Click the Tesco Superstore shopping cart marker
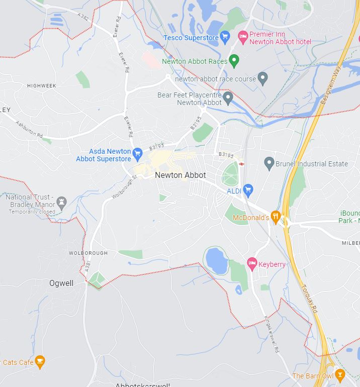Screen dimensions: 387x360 (225, 37)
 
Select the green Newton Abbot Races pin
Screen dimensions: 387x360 (233, 61)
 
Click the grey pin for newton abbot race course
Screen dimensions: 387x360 (262, 78)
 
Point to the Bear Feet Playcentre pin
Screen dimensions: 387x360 (228, 98)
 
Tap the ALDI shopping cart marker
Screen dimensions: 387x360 (247, 190)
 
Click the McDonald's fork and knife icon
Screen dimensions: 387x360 (276, 217)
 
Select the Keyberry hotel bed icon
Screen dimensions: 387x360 (252, 263)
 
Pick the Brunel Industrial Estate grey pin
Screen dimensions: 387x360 (269, 163)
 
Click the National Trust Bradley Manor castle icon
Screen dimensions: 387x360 (62, 202)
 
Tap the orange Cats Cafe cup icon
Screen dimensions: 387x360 (40, 361)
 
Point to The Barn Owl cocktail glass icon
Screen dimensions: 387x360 (340, 374)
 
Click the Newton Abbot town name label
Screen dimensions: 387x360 (181, 175)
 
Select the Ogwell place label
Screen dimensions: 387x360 (61, 283)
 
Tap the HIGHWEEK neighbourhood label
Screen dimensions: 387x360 (42, 86)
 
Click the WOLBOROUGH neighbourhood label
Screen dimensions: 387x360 (88, 253)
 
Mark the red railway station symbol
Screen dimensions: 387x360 (242, 164)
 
